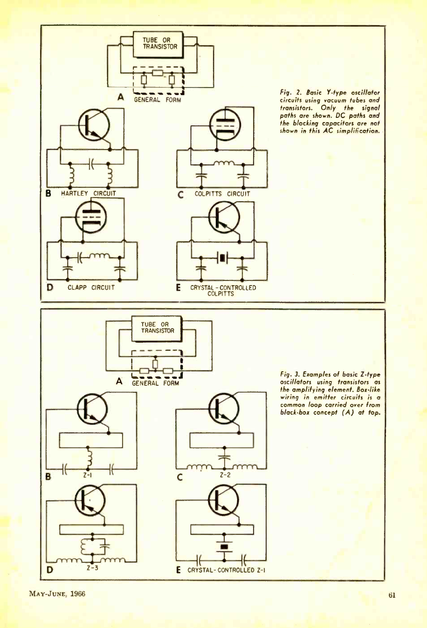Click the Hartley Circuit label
click(x=89, y=193)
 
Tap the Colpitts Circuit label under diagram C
click(x=222, y=194)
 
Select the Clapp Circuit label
click(x=91, y=287)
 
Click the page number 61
click(x=392, y=595)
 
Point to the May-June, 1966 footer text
click(x=57, y=594)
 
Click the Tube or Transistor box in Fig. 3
click(x=158, y=328)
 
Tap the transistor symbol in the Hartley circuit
click(x=93, y=125)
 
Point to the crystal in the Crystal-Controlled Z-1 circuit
click(x=225, y=546)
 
